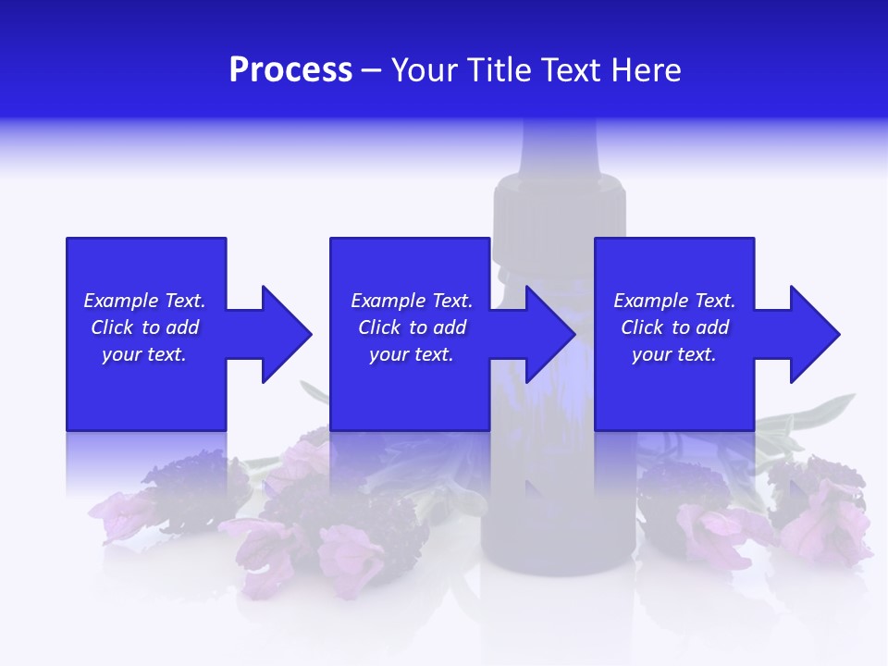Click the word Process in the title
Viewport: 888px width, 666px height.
click(290, 70)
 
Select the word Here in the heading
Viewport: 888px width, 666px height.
click(646, 70)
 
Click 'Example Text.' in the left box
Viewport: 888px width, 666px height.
click(144, 301)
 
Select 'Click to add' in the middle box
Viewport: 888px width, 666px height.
click(412, 327)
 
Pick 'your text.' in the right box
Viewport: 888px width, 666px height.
click(673, 354)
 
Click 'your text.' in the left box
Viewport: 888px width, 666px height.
click(144, 354)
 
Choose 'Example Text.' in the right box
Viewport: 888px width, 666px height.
click(674, 301)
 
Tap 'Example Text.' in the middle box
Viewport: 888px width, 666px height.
click(412, 301)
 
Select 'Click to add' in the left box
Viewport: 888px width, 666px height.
click(144, 327)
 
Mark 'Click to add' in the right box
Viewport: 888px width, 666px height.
click(674, 327)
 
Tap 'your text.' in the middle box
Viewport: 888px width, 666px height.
click(412, 354)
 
